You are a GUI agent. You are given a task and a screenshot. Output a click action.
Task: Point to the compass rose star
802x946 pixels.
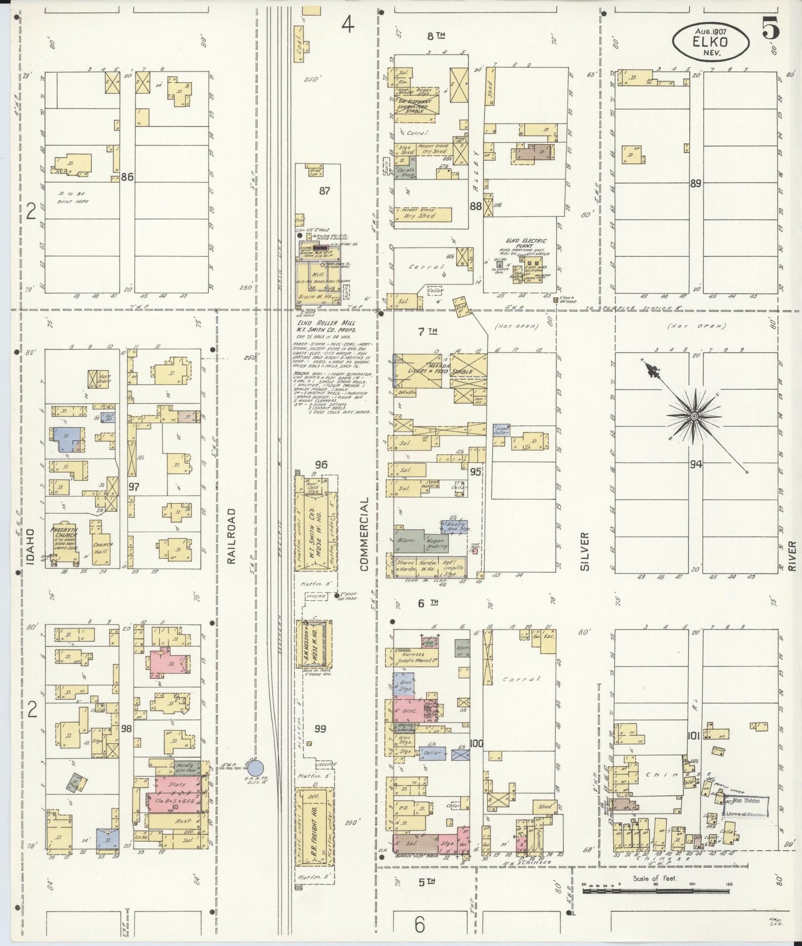coord(694,416)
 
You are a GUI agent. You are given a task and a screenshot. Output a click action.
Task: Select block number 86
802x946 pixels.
coord(127,178)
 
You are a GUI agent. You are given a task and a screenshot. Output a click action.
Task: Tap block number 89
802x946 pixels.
coord(695,184)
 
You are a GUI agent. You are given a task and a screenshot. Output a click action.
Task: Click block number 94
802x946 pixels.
coord(695,464)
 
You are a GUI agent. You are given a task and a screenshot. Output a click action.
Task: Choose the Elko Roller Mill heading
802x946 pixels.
coord(325,323)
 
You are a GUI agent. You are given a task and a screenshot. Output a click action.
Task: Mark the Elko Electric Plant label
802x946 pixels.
coord(526,244)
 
